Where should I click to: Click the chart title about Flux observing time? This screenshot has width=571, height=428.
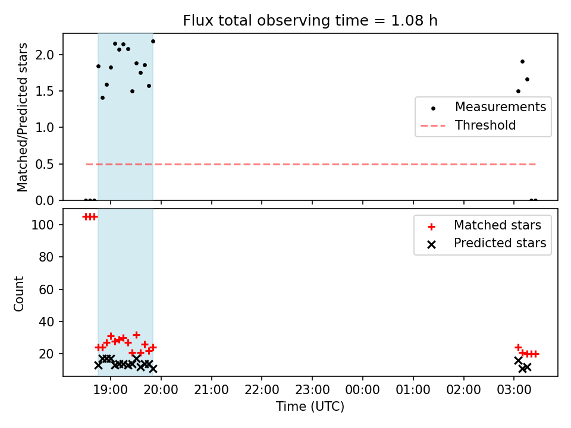click(x=310, y=21)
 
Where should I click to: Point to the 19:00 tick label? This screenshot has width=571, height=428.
click(x=111, y=390)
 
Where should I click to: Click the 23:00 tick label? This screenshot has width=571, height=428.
click(x=312, y=390)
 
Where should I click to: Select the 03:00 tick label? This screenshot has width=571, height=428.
click(x=514, y=390)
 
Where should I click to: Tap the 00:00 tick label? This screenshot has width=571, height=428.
click(x=362, y=390)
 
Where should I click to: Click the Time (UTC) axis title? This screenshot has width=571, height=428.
click(x=310, y=407)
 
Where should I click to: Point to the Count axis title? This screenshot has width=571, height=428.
click(x=18, y=293)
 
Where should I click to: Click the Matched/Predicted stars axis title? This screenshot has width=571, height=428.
click(x=22, y=117)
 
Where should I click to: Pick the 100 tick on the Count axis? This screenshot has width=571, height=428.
click(x=43, y=225)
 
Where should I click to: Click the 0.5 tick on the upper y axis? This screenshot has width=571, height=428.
click(x=45, y=164)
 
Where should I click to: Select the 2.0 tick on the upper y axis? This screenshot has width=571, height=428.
click(x=45, y=55)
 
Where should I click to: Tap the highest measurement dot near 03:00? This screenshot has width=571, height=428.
click(x=523, y=61)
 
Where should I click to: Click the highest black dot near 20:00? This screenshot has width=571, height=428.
click(x=153, y=42)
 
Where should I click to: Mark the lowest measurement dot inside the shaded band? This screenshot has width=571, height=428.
click(x=103, y=98)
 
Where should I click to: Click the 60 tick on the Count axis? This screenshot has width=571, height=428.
click(x=46, y=289)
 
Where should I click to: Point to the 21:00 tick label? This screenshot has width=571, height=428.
click(x=211, y=390)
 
